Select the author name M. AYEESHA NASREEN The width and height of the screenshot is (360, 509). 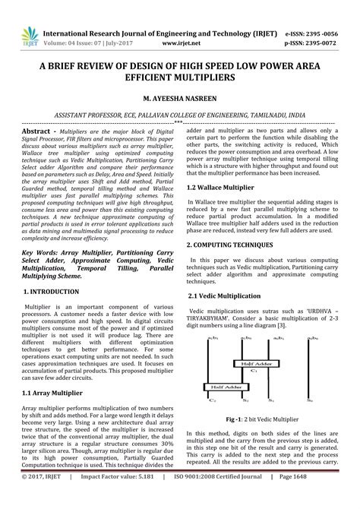(179, 98)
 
